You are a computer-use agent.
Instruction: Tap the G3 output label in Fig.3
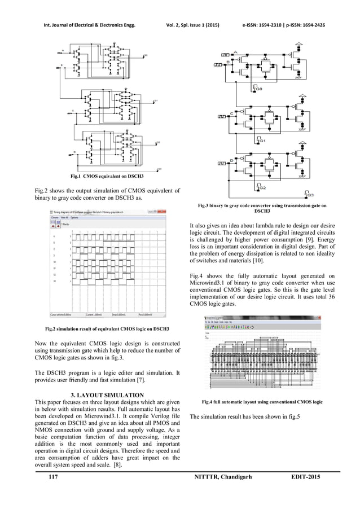coord(309,195)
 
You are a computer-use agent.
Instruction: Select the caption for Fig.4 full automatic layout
coord(266,402)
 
